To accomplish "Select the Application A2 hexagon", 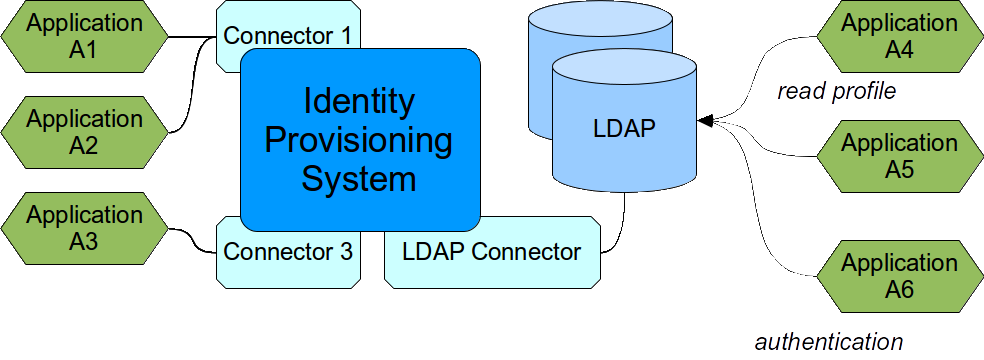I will tap(84, 132).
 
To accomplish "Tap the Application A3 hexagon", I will tap(84, 229).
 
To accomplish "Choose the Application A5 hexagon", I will tap(899, 156).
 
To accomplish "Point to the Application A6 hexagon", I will tap(899, 276).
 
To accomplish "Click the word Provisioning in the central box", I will tap(359, 141).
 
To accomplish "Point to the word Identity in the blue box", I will tap(359, 102).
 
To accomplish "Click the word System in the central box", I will tap(359, 180).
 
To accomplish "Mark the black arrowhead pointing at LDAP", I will tap(705, 121).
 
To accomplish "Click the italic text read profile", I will tap(836, 92).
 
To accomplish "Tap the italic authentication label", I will tap(828, 341).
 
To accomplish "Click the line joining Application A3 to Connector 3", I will tap(190, 238).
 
